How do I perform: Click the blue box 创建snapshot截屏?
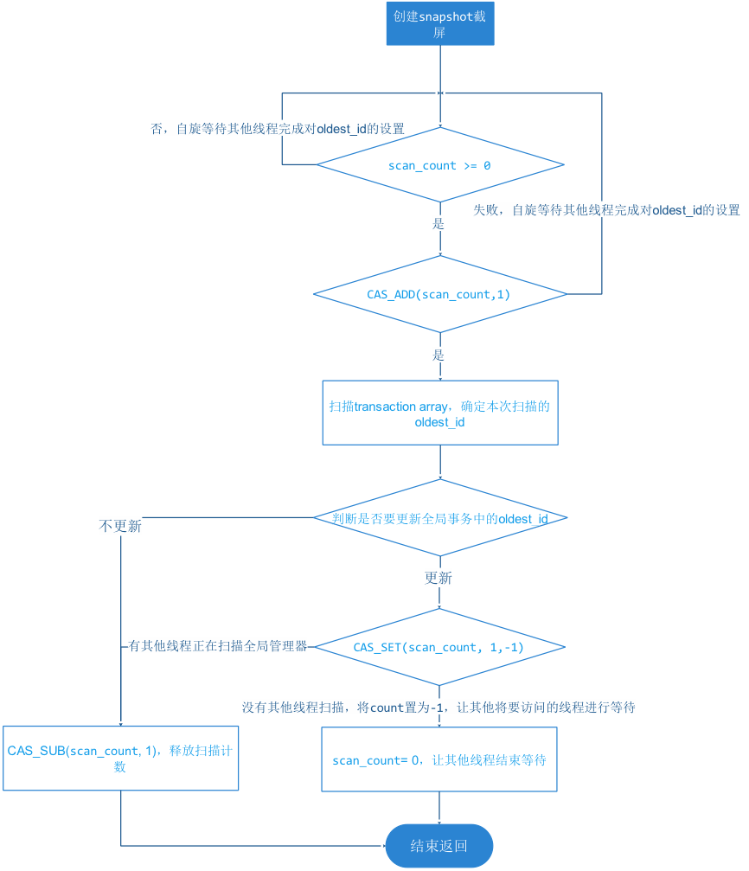[x=439, y=23]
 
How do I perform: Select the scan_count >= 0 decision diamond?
[x=439, y=165]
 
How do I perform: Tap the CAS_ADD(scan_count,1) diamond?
[x=439, y=294]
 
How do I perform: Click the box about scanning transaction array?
[x=439, y=413]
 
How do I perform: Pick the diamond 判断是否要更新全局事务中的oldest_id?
[x=439, y=518]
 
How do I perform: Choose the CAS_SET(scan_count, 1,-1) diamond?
[x=439, y=647]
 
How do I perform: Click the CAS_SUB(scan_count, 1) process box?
[x=120, y=758]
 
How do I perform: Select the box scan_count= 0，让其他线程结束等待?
[x=439, y=759]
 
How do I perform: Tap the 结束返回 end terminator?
[x=439, y=846]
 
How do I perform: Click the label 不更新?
[x=120, y=526]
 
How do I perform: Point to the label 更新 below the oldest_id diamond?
[x=439, y=577]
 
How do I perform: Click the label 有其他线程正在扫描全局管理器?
[x=217, y=645]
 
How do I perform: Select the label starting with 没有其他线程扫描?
[x=439, y=707]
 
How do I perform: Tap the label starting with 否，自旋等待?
[x=278, y=128]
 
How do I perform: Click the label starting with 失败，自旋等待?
[x=606, y=210]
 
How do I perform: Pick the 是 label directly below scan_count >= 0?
[x=438, y=223]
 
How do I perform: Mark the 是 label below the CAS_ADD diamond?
[x=438, y=355]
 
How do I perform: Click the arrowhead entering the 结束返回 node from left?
[x=381, y=846]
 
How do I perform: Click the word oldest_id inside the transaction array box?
[x=439, y=422]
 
